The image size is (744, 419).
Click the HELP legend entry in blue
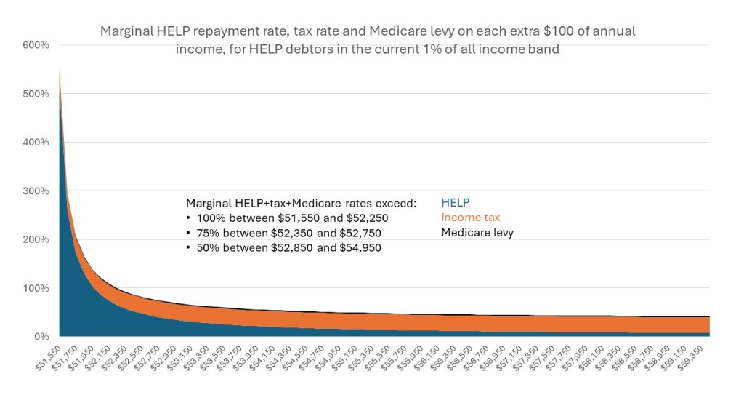[456, 203]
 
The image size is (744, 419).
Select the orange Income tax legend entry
[471, 218]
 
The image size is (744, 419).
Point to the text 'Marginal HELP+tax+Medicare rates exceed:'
[301, 203]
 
